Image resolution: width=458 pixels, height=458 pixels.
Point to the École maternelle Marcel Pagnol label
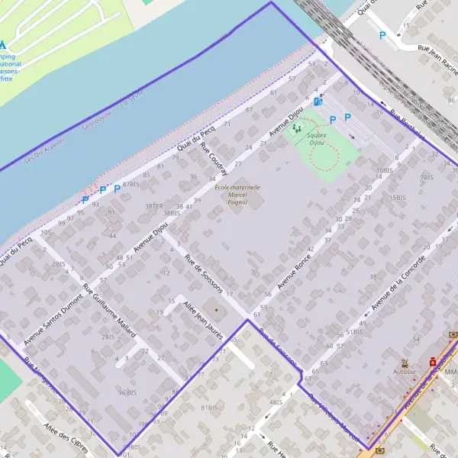tap(237, 194)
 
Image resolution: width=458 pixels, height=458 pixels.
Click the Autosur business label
tap(405, 372)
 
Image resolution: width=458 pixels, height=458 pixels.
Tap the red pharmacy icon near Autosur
tap(432, 361)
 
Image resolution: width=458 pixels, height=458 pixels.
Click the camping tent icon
tap(2, 45)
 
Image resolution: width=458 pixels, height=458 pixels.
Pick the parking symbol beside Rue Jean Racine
tap(382, 35)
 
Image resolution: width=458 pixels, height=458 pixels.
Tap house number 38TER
tap(154, 206)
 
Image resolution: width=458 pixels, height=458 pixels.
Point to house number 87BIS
tap(131, 184)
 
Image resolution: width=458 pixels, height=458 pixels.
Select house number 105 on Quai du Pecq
tap(47, 232)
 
